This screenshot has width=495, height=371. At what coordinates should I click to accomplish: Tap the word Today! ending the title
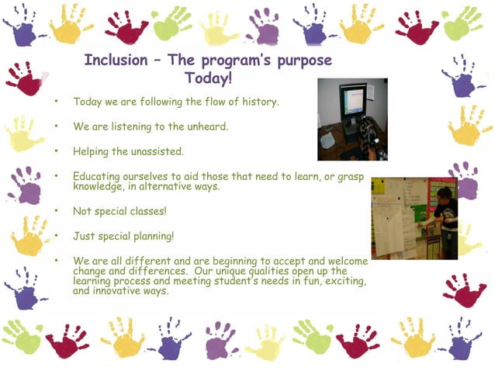209,78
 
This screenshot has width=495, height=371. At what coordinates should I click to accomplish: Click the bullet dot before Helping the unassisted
56,150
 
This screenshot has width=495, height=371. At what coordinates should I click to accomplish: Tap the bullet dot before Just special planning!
56,234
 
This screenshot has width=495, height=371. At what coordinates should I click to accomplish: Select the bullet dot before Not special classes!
56,210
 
